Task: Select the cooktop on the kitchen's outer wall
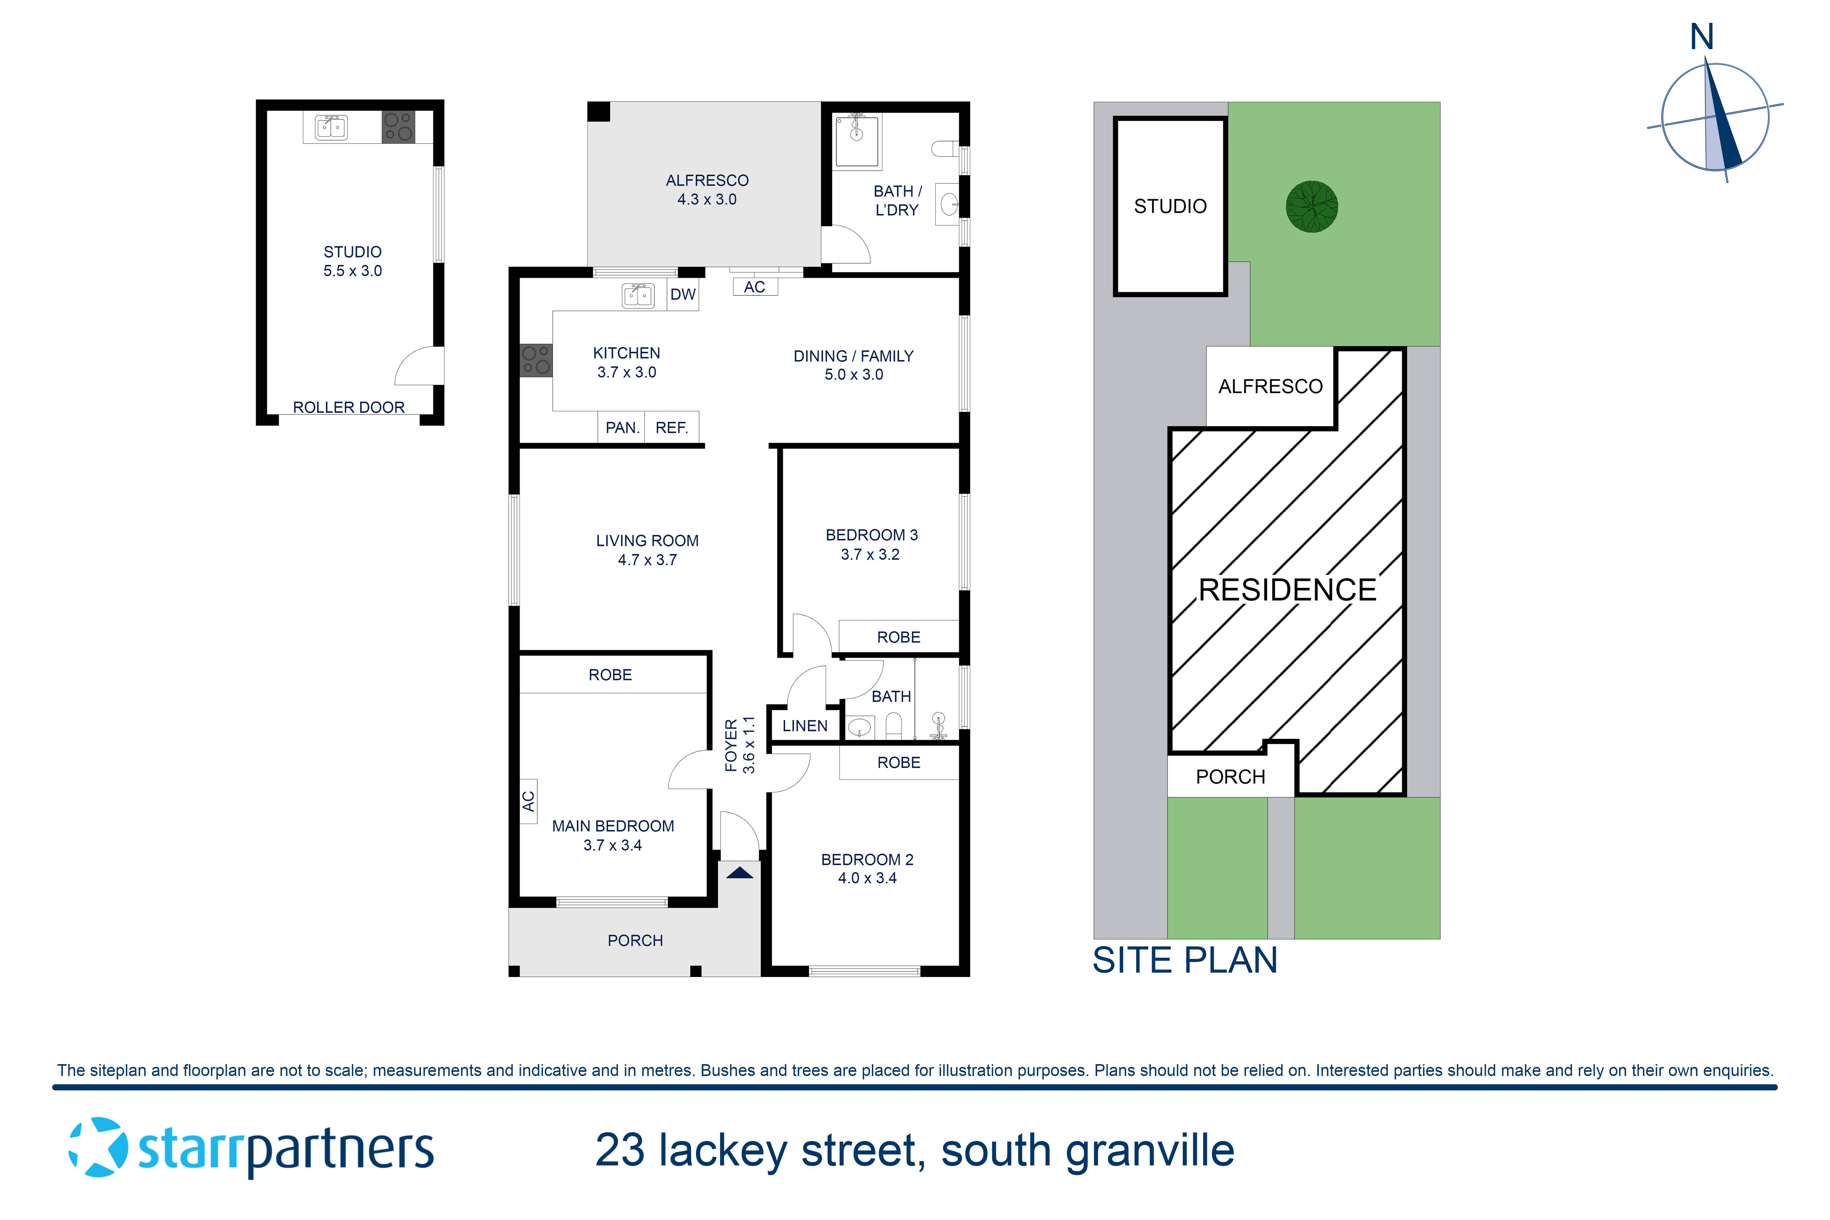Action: (x=535, y=360)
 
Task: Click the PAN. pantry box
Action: (x=622, y=427)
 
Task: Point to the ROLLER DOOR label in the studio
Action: (x=349, y=407)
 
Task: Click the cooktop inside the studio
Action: (x=398, y=127)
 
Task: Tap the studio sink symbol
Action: (x=332, y=127)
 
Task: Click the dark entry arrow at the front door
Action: (x=739, y=873)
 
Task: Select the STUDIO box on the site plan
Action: (x=1170, y=206)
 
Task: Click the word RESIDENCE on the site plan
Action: (x=1287, y=590)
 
